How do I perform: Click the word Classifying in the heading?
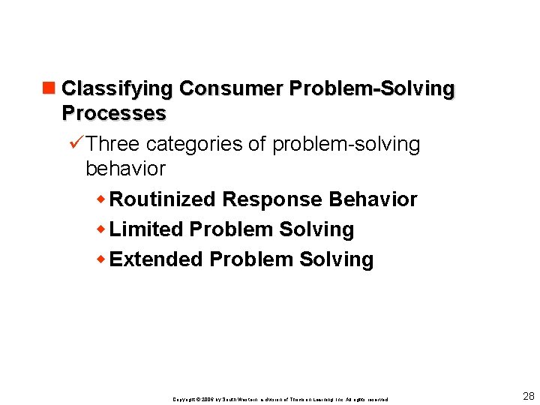[x=118, y=88]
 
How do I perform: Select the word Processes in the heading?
[x=114, y=113]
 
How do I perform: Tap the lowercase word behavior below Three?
[x=125, y=169]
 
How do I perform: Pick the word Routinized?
[x=163, y=199]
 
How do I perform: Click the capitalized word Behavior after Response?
[x=373, y=199]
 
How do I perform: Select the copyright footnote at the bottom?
[x=280, y=399]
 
